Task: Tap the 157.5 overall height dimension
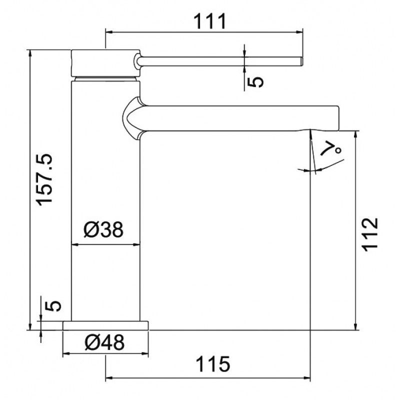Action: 45,178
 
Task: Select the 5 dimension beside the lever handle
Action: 255,80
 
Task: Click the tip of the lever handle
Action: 301,61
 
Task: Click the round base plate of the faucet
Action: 106,325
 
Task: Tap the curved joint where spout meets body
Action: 131,118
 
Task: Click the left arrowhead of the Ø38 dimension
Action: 75,244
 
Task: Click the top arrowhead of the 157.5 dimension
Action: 31,52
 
